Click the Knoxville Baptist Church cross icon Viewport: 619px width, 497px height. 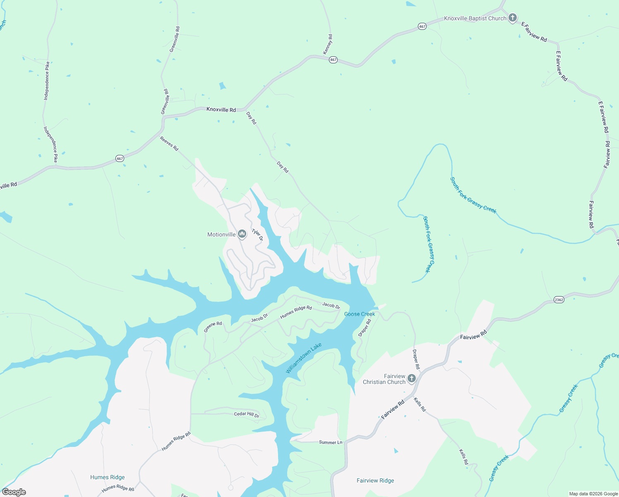coord(513,18)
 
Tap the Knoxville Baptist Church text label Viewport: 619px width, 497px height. coord(475,19)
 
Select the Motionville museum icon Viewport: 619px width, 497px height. coord(242,234)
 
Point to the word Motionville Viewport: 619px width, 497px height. coord(221,235)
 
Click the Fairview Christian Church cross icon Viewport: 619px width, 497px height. coord(411,378)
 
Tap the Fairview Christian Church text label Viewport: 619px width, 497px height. coord(384,379)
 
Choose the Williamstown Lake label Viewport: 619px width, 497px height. coord(303,358)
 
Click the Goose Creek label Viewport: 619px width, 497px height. coord(360,314)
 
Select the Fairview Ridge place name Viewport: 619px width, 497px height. coord(375,480)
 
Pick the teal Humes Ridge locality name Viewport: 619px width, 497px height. coord(107,477)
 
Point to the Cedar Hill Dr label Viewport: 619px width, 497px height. coord(247,414)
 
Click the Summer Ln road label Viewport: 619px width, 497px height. coord(331,442)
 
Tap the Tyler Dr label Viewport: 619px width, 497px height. coord(257,235)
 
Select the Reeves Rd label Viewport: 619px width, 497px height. coord(169,144)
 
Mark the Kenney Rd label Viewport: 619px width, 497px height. coord(328,44)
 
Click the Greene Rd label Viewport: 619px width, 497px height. coord(213,327)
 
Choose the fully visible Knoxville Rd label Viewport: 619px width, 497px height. coord(221,110)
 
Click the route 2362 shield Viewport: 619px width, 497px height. coord(559,300)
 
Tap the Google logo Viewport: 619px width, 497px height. coord(14,492)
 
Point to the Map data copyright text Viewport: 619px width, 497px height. coord(593,494)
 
